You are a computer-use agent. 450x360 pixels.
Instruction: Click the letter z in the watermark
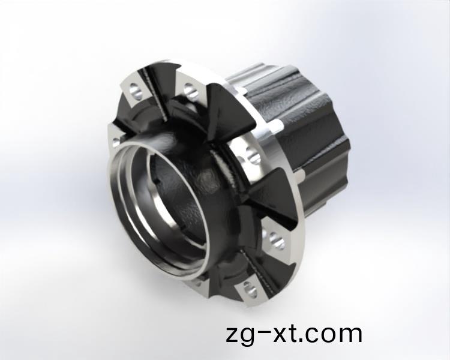coord(233,335)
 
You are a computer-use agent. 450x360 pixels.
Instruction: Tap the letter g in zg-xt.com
coord(250,337)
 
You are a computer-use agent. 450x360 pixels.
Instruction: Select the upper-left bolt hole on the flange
coord(135,91)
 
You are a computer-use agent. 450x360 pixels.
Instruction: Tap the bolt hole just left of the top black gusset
coord(190,91)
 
